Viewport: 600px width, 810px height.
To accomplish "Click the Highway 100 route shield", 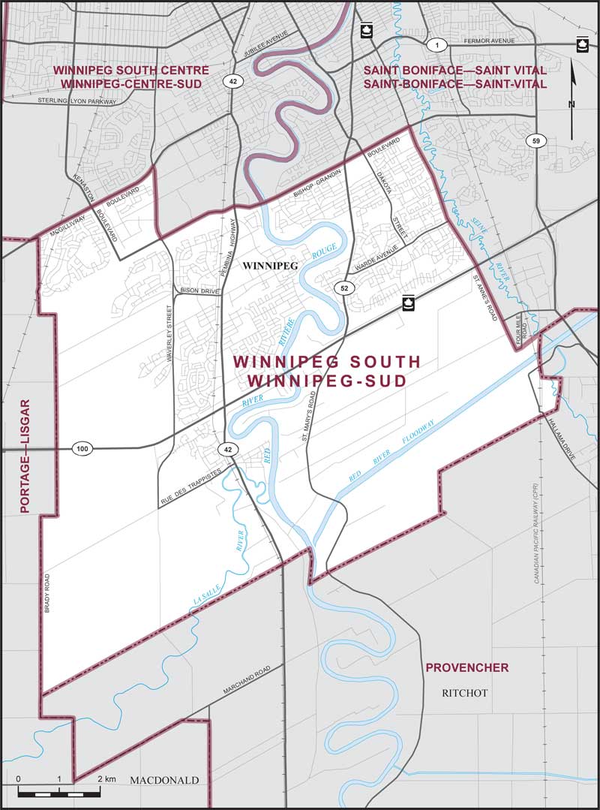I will pyautogui.click(x=82, y=449).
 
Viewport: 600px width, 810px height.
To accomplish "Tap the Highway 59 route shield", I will pyautogui.click(x=533, y=140).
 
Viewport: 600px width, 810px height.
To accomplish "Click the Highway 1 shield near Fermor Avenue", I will pyautogui.click(x=434, y=46).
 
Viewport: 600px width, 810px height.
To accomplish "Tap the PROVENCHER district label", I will pyautogui.click(x=466, y=667).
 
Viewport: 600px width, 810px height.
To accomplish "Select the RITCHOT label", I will pyautogui.click(x=465, y=693).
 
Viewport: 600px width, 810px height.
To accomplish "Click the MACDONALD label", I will pyautogui.click(x=164, y=781).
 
